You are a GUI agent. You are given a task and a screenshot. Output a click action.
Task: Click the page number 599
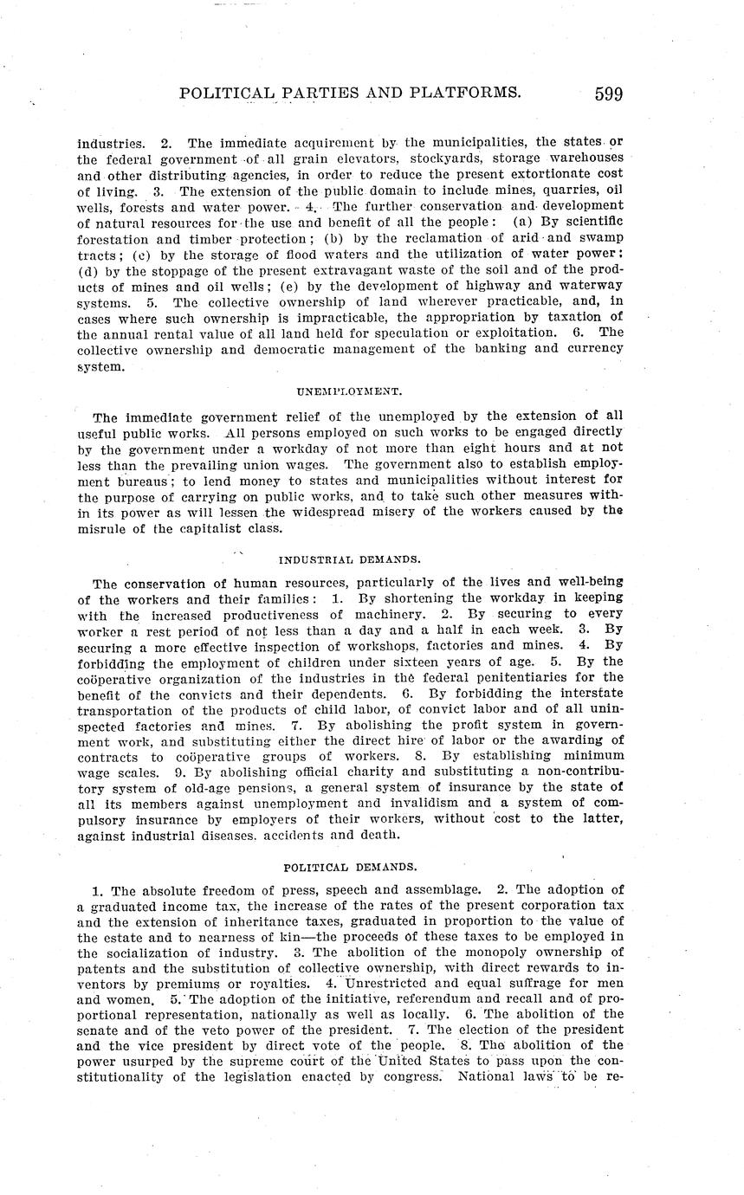(608, 94)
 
